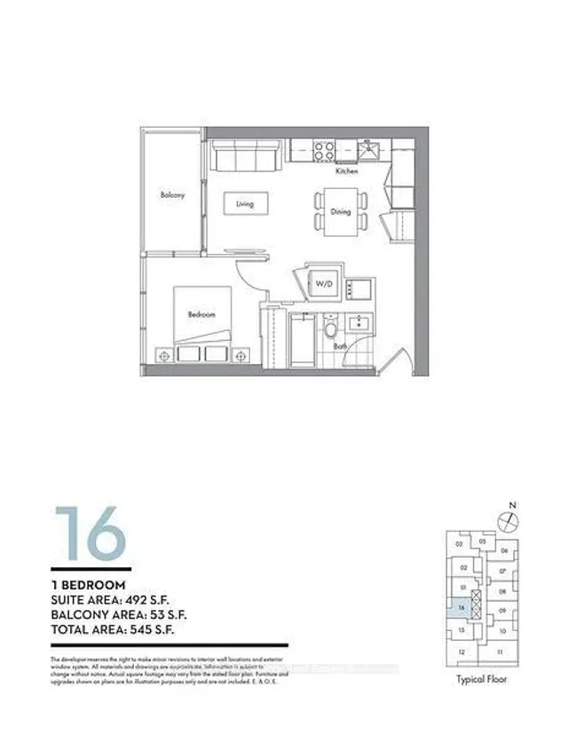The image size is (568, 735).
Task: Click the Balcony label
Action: (x=172, y=195)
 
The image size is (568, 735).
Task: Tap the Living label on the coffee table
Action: (x=245, y=203)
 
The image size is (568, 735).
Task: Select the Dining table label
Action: (x=340, y=212)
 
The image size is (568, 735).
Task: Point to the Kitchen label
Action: (x=346, y=171)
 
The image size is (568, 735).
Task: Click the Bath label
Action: (x=341, y=347)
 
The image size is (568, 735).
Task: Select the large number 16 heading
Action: (x=89, y=533)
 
